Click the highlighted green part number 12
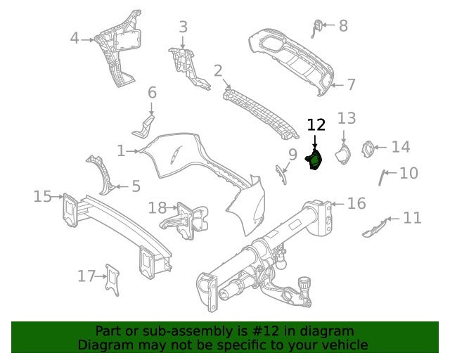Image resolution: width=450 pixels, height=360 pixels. click(314, 161)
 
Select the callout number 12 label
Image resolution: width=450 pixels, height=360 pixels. click(316, 125)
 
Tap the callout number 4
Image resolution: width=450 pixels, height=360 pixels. click(75, 39)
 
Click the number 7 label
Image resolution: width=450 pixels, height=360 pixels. click(351, 85)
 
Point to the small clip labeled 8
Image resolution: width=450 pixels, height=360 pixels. click(318, 27)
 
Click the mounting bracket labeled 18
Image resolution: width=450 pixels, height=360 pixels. click(188, 219)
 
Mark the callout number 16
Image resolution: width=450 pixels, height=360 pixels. click(356, 204)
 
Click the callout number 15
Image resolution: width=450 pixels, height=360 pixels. click(43, 196)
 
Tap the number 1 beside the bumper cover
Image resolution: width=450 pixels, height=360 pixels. click(121, 150)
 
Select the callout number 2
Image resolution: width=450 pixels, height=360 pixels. click(218, 70)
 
